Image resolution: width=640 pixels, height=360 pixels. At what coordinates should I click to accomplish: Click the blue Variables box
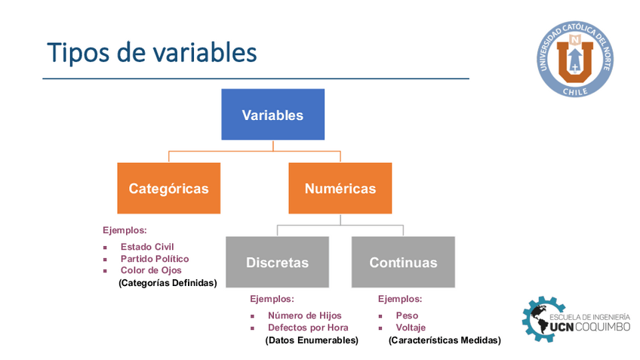pyautogui.click(x=272, y=114)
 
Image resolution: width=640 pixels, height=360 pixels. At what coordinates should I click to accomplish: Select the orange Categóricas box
pyautogui.click(x=168, y=188)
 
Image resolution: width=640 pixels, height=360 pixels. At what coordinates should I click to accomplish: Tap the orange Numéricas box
pyautogui.click(x=340, y=188)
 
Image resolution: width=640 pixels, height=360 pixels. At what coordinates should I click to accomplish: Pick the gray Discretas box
pyautogui.click(x=277, y=262)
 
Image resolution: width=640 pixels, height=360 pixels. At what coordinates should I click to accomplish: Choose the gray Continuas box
pyautogui.click(x=403, y=262)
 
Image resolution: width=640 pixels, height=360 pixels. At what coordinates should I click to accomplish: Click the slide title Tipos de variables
pyautogui.click(x=152, y=53)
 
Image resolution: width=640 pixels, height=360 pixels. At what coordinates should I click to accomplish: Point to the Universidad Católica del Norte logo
pyautogui.click(x=575, y=59)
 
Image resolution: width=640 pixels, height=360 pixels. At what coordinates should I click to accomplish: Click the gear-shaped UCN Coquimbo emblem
pyautogui.click(x=543, y=319)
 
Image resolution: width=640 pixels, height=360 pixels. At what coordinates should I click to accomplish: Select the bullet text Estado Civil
pyautogui.click(x=147, y=247)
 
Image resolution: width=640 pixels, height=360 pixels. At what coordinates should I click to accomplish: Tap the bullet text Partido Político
pyautogui.click(x=155, y=259)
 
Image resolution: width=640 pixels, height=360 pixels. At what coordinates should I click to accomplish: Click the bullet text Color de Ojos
pyautogui.click(x=151, y=270)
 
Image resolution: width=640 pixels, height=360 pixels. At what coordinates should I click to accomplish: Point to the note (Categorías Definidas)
pyautogui.click(x=168, y=283)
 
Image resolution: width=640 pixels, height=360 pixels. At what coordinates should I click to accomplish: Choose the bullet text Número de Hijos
pyautogui.click(x=304, y=315)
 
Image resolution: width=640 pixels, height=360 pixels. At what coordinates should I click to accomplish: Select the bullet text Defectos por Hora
pyautogui.click(x=308, y=328)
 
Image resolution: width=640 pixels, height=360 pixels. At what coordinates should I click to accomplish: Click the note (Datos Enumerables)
pyautogui.click(x=312, y=340)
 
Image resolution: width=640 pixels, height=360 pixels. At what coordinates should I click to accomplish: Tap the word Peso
pyautogui.click(x=407, y=315)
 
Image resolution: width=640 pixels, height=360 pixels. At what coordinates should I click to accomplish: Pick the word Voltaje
pyautogui.click(x=411, y=328)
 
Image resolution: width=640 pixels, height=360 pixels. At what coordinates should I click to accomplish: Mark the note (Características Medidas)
pyautogui.click(x=445, y=340)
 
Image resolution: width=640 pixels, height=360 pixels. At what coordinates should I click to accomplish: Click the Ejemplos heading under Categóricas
pyautogui.click(x=125, y=230)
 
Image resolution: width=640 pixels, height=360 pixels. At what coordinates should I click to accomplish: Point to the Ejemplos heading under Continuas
pyautogui.click(x=400, y=299)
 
